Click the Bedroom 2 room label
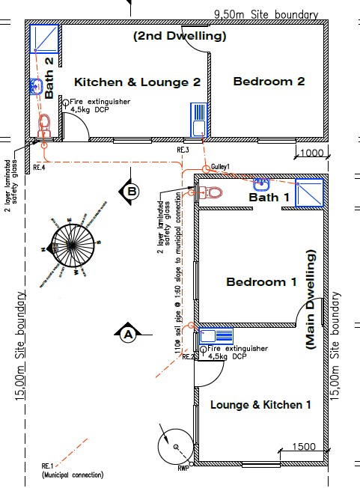pos(269,81)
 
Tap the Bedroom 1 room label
pos(261,282)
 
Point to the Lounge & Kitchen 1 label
pos(260,404)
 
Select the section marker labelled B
pos(131,192)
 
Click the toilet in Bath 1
pos(210,192)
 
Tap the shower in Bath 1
pos(308,192)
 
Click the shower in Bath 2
pos(44,37)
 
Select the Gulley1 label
pos(220,166)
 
